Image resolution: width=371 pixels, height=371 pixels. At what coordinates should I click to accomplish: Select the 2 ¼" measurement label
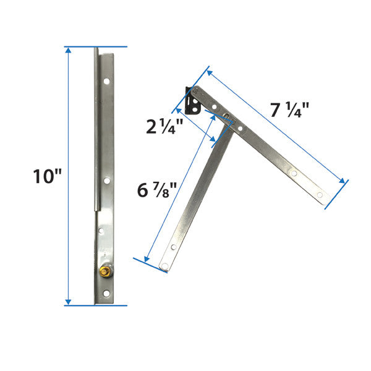click(164, 127)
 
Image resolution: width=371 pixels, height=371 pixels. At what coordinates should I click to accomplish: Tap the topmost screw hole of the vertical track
click(106, 80)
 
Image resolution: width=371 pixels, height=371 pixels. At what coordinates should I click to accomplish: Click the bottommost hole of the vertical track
click(106, 292)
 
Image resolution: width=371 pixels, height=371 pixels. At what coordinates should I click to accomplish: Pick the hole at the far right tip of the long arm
click(320, 195)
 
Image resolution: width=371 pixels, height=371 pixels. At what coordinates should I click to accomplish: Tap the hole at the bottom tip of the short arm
click(164, 267)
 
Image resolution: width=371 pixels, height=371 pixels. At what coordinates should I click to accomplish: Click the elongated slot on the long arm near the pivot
click(228, 117)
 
